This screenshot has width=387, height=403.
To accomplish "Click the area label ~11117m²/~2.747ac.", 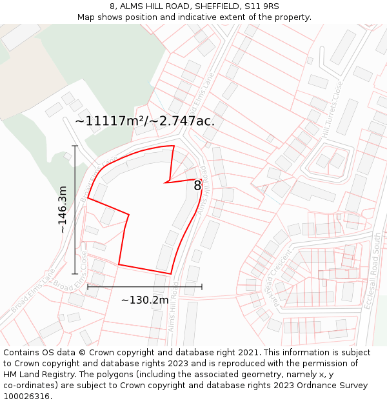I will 144,121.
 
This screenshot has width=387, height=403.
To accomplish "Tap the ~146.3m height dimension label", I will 62,210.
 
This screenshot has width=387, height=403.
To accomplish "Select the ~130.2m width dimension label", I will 144,300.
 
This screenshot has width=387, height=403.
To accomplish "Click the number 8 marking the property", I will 197,186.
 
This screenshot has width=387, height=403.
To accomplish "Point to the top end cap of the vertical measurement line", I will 75,146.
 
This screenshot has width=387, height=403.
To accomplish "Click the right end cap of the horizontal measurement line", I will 202,286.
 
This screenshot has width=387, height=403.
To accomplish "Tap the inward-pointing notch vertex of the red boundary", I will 166,182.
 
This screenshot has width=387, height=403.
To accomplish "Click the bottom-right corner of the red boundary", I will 171,274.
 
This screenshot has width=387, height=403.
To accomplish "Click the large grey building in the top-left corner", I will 21,35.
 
